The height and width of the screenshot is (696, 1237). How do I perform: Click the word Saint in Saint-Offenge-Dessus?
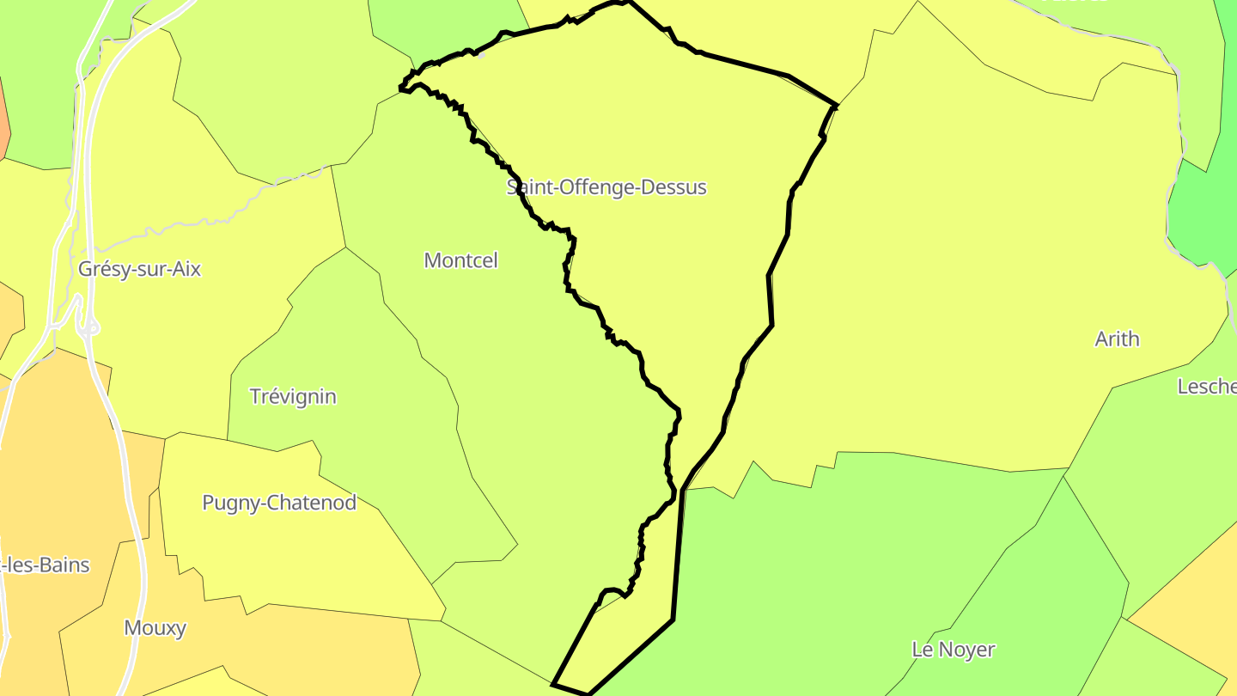[528, 187]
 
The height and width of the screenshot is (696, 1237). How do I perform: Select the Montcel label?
[460, 260]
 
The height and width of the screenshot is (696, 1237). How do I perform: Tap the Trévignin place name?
[293, 397]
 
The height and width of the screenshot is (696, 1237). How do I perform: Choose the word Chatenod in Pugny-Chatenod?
[314, 503]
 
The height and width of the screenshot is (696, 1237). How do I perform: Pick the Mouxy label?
[155, 628]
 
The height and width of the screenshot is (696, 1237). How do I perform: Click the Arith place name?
[1117, 339]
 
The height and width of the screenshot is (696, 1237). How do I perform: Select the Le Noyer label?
[953, 650]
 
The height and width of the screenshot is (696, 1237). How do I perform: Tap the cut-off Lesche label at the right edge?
[1207, 387]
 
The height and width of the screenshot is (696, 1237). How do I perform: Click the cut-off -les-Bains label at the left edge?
[45, 565]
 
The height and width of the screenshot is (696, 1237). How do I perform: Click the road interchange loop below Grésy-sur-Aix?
[88, 327]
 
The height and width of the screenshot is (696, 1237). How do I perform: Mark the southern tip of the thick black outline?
[588, 693]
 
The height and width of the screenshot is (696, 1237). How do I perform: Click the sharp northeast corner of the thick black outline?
[836, 106]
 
